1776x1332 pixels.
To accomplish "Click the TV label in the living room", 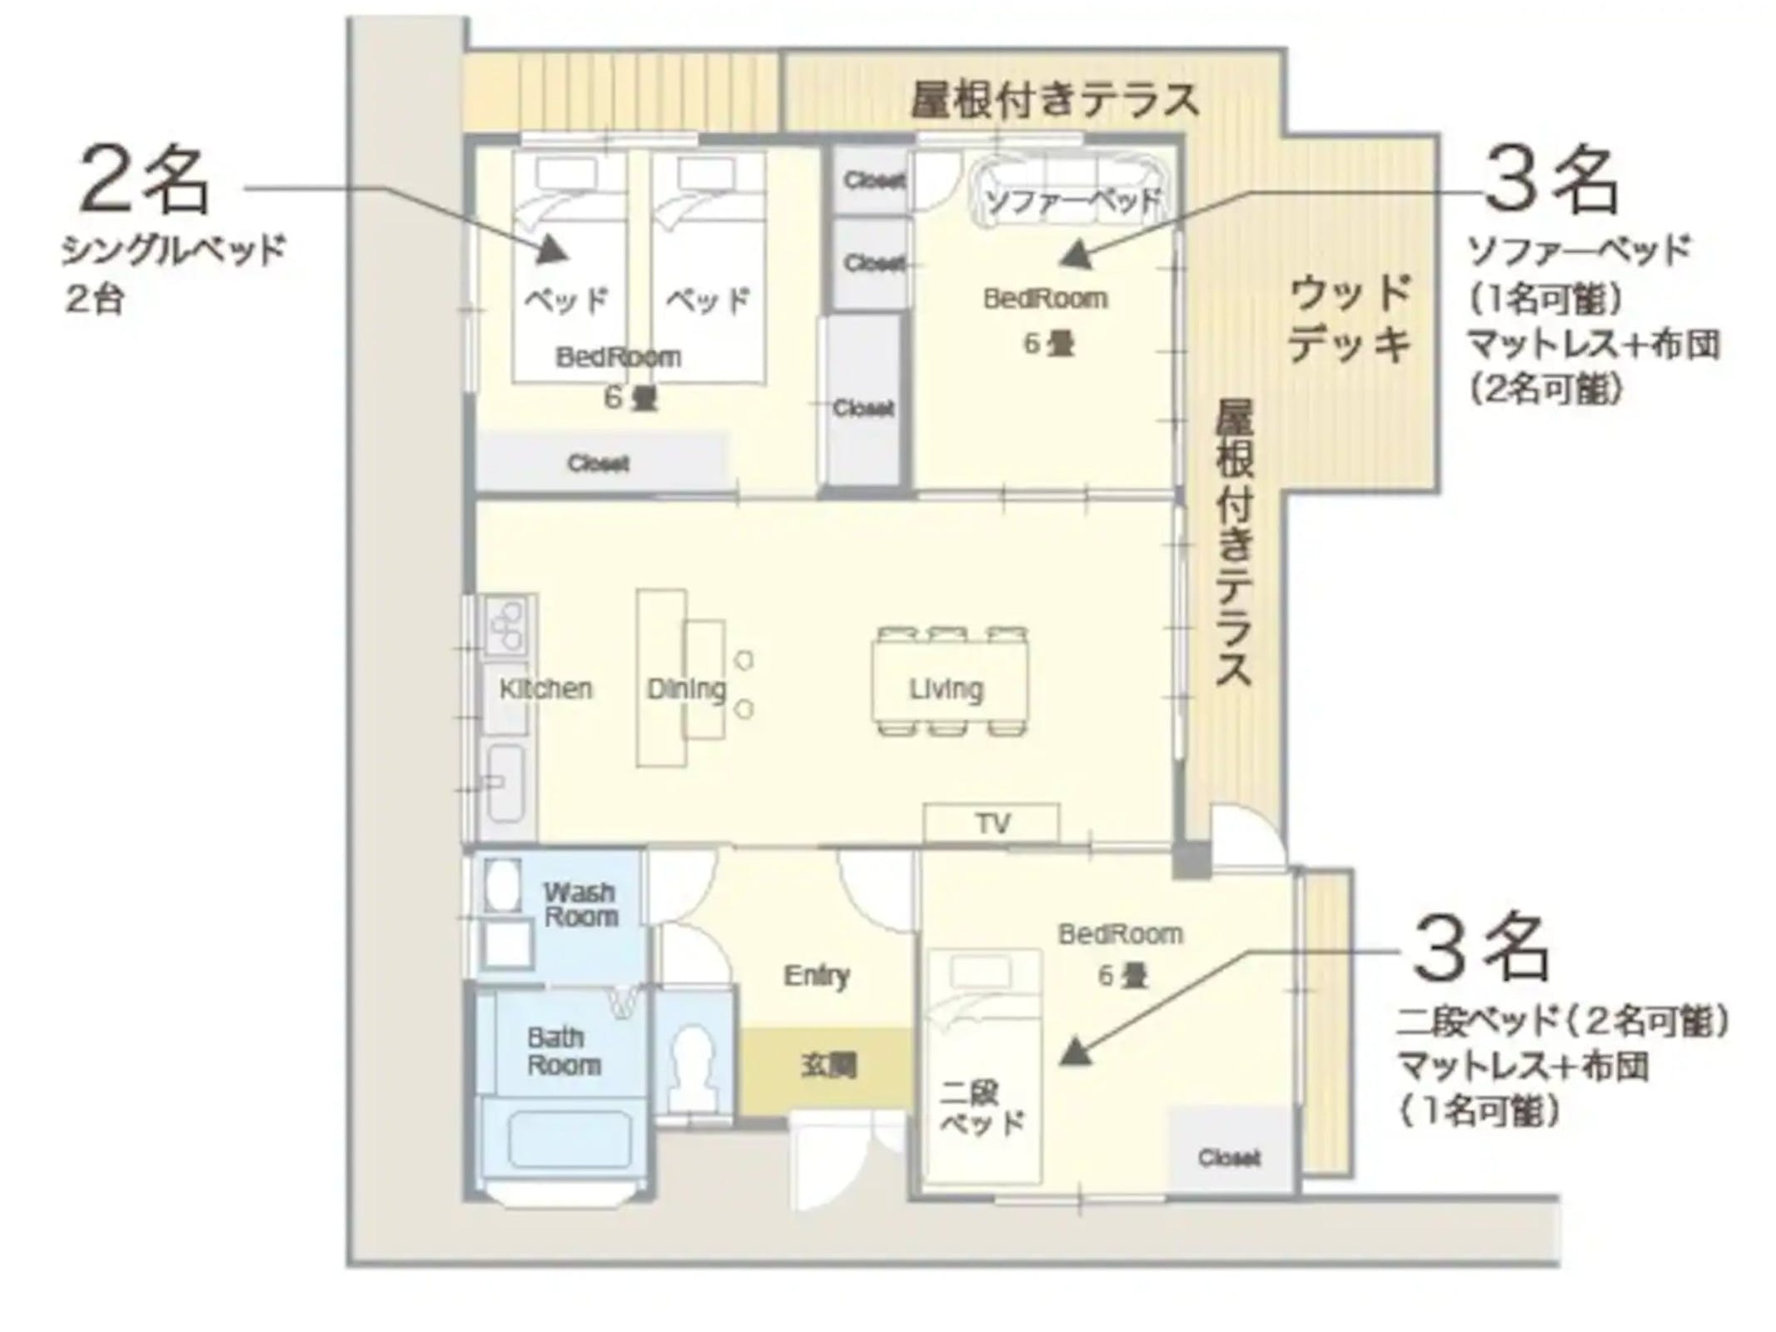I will (x=992, y=823).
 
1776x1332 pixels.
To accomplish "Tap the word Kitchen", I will (x=545, y=688).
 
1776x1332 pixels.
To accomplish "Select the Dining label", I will (x=686, y=688).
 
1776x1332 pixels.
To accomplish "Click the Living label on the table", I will (x=946, y=688).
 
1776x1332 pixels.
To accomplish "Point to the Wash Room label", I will (x=580, y=904).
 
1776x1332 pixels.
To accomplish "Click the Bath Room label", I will (x=564, y=1051).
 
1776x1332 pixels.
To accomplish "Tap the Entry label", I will (x=816, y=975).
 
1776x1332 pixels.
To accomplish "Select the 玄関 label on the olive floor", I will (x=828, y=1065).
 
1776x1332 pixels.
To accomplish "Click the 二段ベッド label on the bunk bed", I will (x=981, y=1106).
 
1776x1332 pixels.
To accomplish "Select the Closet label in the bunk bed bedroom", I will (x=1229, y=1157).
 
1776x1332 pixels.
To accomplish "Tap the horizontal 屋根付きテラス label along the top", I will (x=1054, y=100).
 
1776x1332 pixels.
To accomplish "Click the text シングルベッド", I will (x=173, y=249).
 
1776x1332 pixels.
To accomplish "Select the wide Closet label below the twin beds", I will (x=598, y=463).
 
